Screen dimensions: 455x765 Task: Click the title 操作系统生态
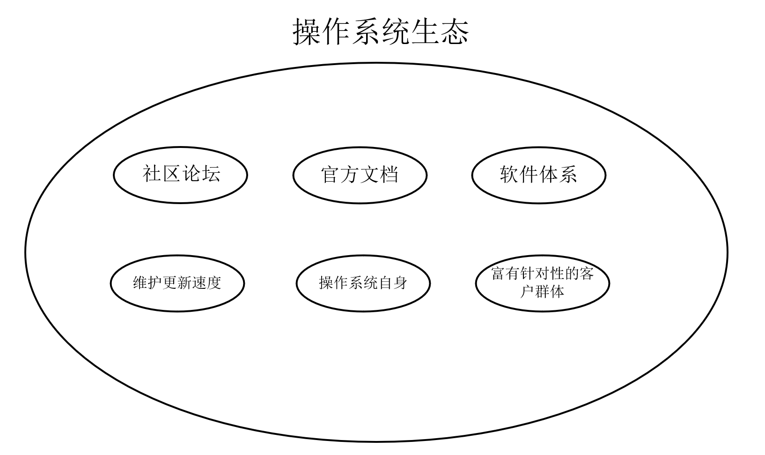click(381, 32)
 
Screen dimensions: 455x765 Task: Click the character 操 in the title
click(308, 32)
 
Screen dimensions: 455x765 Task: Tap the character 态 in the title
click(454, 32)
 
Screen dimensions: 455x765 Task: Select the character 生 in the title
click(425, 32)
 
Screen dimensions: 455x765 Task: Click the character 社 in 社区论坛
click(152, 174)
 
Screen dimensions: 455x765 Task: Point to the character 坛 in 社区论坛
click(211, 174)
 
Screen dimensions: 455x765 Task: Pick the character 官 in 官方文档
click(331, 175)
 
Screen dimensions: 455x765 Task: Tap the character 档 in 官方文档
click(389, 175)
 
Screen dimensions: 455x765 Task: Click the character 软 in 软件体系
click(509, 174)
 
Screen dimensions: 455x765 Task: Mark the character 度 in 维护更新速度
click(213, 283)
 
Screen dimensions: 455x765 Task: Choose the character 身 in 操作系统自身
click(400, 283)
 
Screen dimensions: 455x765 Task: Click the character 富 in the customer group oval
click(498, 273)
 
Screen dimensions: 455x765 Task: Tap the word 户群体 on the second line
click(542, 292)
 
